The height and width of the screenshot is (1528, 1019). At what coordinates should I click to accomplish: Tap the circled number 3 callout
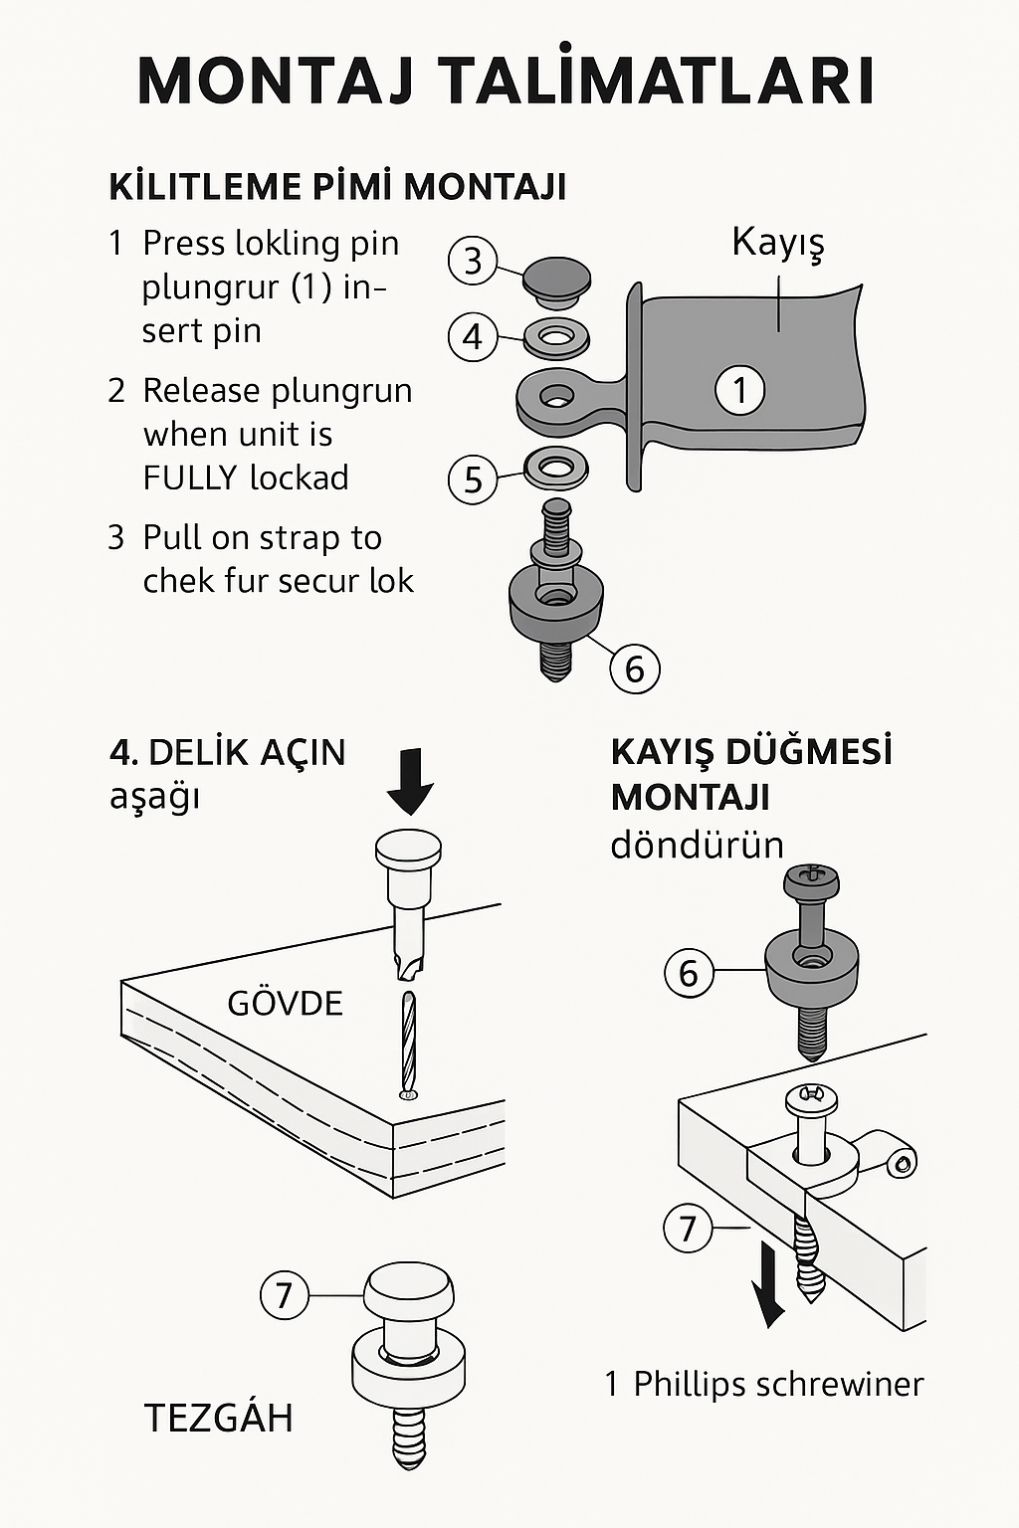[473, 261]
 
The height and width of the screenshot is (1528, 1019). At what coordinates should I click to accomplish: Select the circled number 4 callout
[473, 336]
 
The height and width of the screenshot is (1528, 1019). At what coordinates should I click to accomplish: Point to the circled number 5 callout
[473, 479]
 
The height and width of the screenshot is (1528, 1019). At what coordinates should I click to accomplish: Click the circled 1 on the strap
[739, 389]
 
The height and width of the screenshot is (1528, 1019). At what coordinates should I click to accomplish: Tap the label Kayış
[778, 243]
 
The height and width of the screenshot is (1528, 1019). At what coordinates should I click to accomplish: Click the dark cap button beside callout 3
[556, 278]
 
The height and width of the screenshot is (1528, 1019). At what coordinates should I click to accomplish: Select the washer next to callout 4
[556, 338]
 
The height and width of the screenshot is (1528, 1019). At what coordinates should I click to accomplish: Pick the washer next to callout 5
[555, 466]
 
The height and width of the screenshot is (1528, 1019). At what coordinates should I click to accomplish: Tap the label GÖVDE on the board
[285, 1003]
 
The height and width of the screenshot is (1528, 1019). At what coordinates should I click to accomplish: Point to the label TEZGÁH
[219, 1418]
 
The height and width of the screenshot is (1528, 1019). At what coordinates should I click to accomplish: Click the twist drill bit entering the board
[408, 1043]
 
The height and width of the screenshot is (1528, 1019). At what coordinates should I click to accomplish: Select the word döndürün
[697, 846]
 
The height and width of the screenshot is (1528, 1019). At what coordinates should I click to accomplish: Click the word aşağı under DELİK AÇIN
[154, 797]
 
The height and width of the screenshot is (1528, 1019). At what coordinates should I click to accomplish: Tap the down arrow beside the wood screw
[768, 1282]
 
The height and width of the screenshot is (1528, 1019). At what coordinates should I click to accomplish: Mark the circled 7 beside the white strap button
[284, 1295]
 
